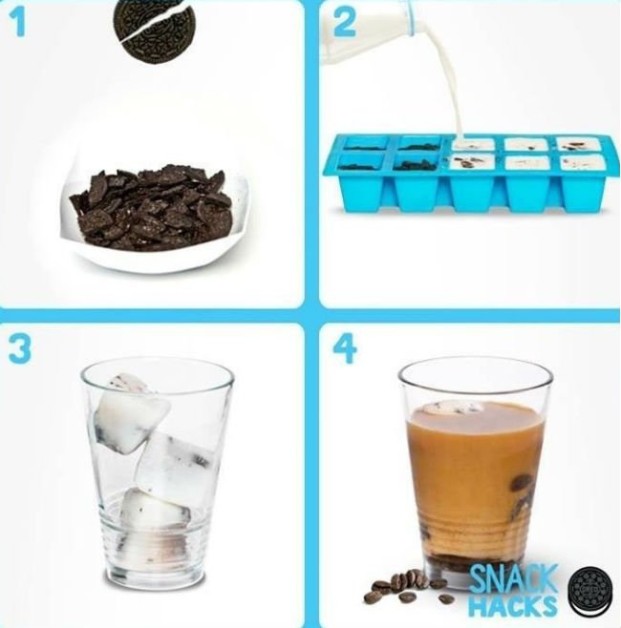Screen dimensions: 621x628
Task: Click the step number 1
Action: [x=16, y=23]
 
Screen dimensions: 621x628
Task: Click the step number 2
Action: [x=344, y=23]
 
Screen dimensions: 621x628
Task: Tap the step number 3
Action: [x=20, y=349]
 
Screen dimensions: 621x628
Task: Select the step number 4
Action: [x=345, y=349]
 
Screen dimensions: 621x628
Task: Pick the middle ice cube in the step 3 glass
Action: [x=177, y=465]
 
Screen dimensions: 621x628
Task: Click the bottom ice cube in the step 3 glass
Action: [x=155, y=509]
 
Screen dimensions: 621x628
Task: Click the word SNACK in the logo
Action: [x=513, y=578]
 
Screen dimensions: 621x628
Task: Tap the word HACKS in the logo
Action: [x=513, y=605]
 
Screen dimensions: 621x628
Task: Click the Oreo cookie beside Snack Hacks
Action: [x=591, y=591]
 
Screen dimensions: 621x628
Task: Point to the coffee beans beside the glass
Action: [x=405, y=587]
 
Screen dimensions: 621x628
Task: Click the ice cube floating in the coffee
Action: [x=453, y=408]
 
